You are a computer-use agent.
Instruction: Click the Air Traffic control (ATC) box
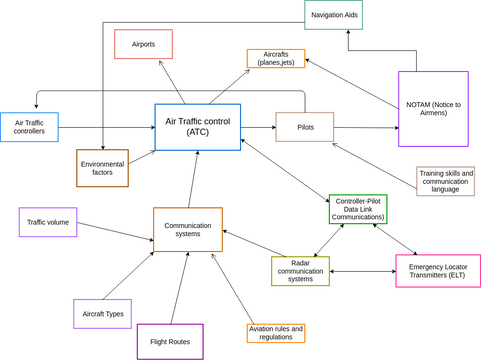pyautogui.click(x=197, y=126)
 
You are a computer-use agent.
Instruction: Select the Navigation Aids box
pyautogui.click(x=333, y=15)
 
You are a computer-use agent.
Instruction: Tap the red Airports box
pyautogui.click(x=143, y=44)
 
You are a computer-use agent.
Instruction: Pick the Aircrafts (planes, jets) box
pyautogui.click(x=276, y=58)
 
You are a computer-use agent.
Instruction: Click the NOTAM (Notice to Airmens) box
pyautogui.click(x=432, y=109)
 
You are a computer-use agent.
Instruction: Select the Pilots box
pyautogui.click(x=305, y=127)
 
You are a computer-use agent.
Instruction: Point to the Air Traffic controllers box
pyautogui.click(x=29, y=127)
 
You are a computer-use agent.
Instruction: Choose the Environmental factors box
pyautogui.click(x=103, y=168)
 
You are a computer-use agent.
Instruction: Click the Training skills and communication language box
pyautogui.click(x=445, y=180)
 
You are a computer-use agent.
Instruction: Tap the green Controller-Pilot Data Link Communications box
pyautogui.click(x=357, y=209)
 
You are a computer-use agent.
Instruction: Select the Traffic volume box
pyautogui.click(x=48, y=221)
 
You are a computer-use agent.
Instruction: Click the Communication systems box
pyautogui.click(x=187, y=230)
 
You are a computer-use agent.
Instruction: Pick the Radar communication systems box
pyautogui.click(x=300, y=271)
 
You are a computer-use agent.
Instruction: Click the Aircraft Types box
pyautogui.click(x=102, y=314)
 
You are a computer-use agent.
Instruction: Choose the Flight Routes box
pyautogui.click(x=170, y=341)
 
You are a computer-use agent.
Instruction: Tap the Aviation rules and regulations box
pyautogui.click(x=275, y=333)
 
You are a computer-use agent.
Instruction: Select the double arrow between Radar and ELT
pyautogui.click(x=362, y=271)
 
